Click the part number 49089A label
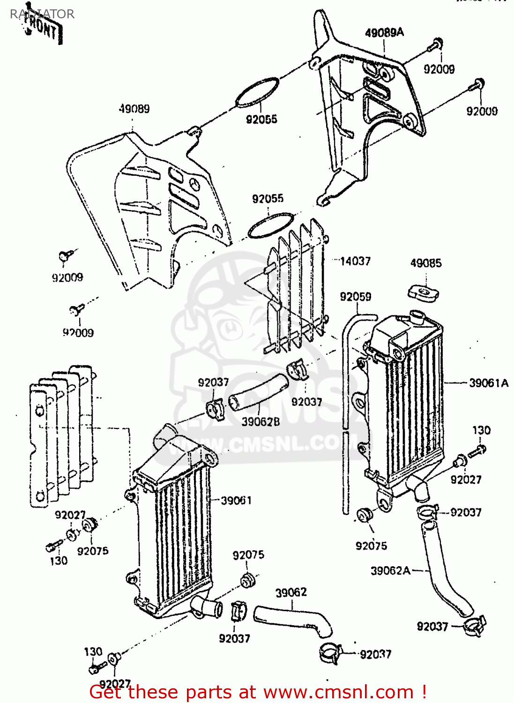coord(384,32)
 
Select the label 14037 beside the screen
coord(355,261)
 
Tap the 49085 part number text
coord(425,263)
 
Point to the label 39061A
coord(488,383)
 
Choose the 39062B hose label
coord(261,421)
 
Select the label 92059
coord(355,297)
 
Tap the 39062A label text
coord(390,570)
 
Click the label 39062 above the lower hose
coord(291,592)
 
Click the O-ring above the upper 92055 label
coord(257,91)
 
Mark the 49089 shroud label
coord(134,109)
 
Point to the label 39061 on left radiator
coord(236,501)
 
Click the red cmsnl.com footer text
coord(258,692)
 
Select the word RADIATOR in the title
coord(42,14)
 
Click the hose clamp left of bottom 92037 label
coord(331,652)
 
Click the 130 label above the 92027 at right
coord(481,430)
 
